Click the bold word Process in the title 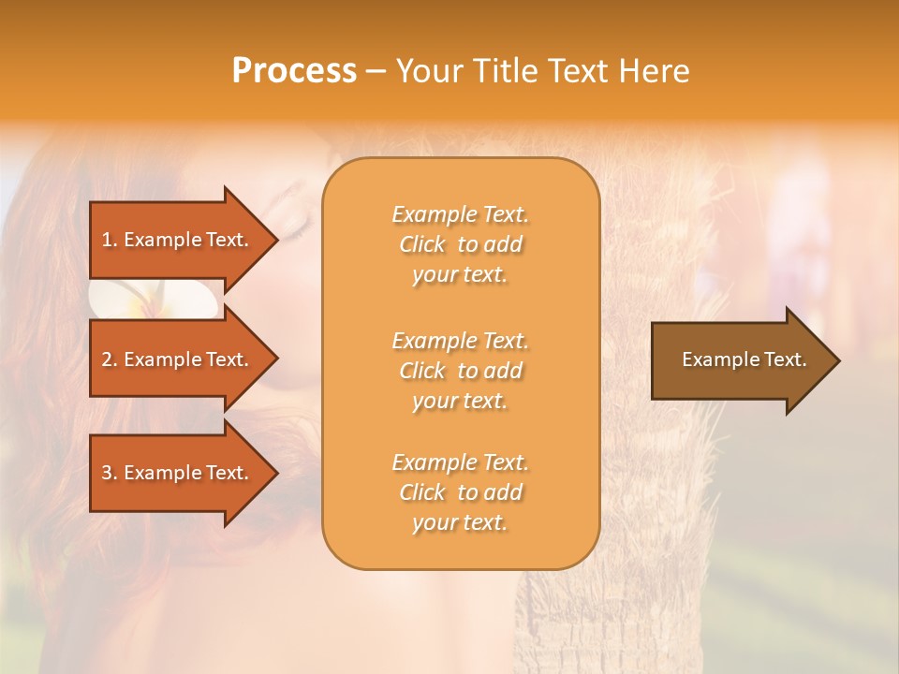[294, 71]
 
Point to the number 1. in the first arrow [110, 240]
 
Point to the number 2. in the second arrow [110, 359]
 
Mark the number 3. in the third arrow [110, 473]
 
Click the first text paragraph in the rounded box [460, 244]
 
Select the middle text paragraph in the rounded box [460, 371]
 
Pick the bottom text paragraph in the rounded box [460, 492]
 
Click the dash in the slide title [376, 72]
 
